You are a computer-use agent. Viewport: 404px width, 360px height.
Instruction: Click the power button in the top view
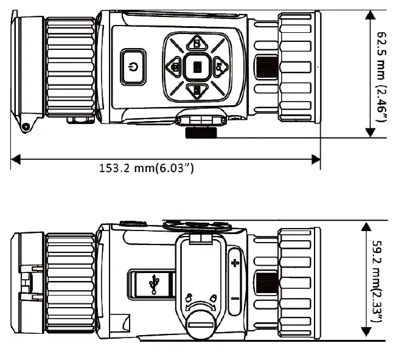(x=134, y=66)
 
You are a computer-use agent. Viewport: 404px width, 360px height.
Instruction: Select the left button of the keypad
(x=175, y=66)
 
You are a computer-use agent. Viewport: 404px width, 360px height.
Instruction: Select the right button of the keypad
(x=219, y=66)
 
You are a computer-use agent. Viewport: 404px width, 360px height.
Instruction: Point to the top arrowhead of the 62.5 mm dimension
(x=369, y=16)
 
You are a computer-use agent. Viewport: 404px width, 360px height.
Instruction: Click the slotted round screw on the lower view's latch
(x=201, y=329)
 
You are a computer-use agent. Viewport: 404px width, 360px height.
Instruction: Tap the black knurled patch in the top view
(x=266, y=66)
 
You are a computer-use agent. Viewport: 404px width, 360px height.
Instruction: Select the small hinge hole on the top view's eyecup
(x=26, y=126)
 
